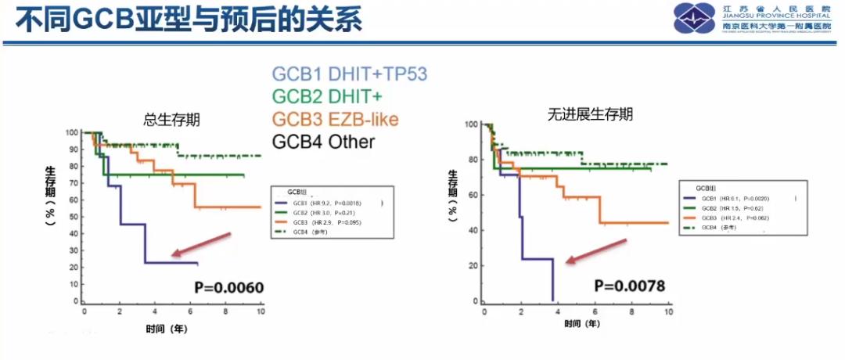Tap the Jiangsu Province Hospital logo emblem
[695, 19]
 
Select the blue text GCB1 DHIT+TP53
[349, 74]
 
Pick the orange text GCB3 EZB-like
[335, 119]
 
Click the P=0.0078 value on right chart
[629, 286]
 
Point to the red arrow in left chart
[202, 244]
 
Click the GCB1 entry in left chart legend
[329, 202]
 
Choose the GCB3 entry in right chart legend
[732, 218]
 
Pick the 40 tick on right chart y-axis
[473, 231]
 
